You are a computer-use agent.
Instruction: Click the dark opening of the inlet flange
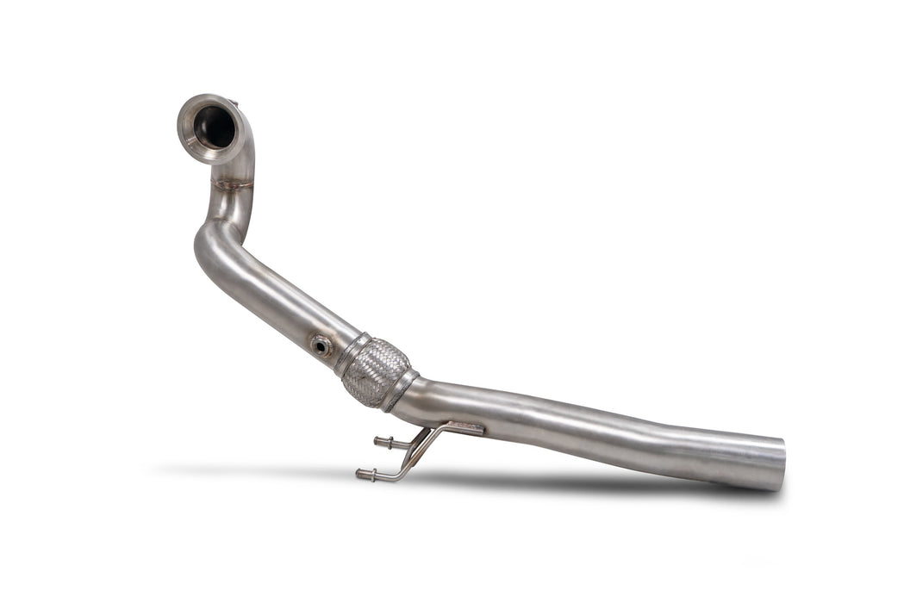click(214, 127)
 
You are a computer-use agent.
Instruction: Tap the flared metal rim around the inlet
click(190, 142)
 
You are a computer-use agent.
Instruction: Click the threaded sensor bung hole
click(321, 345)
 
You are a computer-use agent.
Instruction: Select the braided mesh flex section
click(375, 371)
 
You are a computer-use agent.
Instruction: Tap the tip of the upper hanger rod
click(377, 441)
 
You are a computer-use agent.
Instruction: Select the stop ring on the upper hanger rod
click(390, 444)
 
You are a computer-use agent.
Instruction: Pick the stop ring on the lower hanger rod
click(373, 474)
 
